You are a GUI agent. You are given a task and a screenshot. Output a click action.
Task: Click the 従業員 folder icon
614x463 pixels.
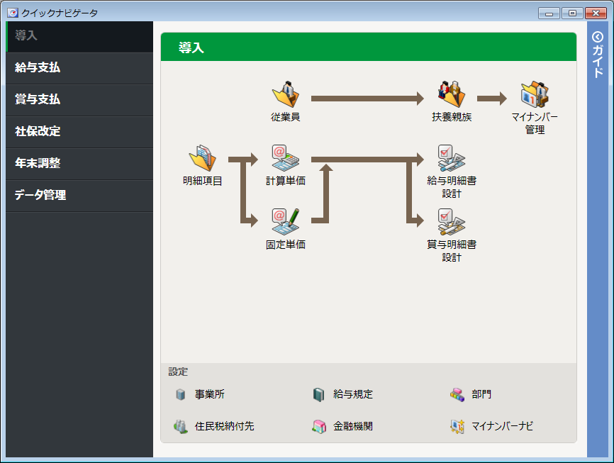[286, 94]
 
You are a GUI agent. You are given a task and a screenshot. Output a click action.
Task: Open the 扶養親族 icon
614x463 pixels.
[452, 94]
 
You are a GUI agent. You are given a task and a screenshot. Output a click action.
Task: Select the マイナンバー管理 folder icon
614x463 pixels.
[535, 94]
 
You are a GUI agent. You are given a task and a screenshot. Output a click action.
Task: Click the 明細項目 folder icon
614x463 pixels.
[203, 157]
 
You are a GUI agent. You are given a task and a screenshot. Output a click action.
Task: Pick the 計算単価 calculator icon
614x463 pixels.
[286, 157]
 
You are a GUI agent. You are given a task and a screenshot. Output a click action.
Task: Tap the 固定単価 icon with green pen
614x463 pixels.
[286, 221]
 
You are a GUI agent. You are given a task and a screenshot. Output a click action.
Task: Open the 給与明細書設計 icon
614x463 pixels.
[452, 158]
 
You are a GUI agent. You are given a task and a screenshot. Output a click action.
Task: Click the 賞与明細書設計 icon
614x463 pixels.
[452, 222]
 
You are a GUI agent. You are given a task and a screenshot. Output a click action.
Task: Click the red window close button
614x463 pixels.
[596, 13]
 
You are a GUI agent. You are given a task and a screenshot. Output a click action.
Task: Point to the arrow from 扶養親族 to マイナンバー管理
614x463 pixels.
[492, 99]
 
